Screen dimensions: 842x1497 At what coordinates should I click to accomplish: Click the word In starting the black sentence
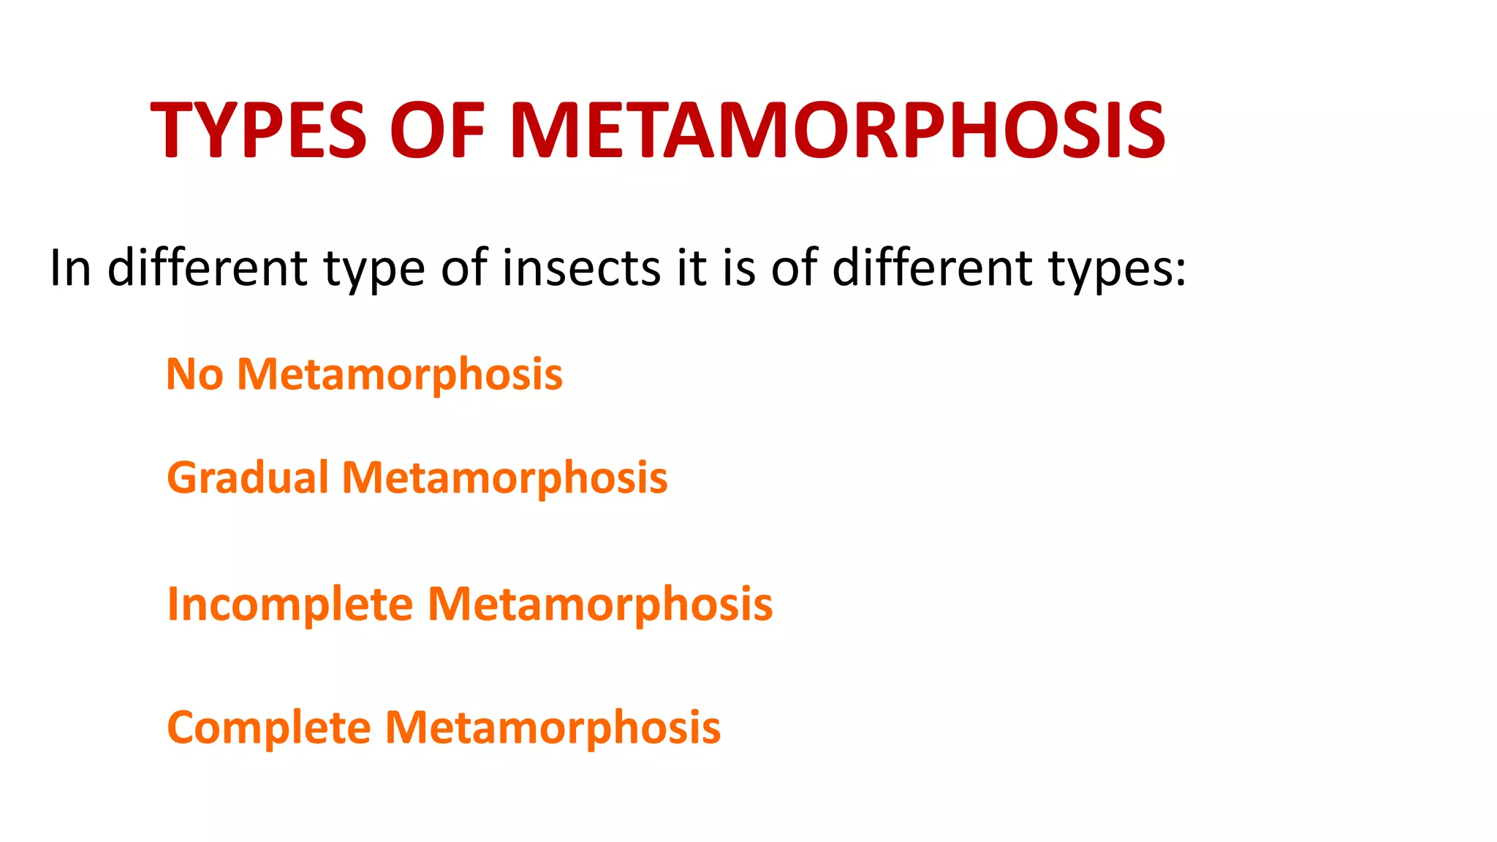point(70,268)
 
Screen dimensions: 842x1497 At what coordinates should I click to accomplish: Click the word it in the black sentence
point(691,268)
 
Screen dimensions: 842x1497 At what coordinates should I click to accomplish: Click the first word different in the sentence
point(207,268)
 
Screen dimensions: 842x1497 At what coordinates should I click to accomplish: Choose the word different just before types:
point(931,268)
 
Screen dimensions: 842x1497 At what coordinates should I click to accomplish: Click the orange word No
point(194,374)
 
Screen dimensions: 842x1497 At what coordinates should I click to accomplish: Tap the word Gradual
point(248,478)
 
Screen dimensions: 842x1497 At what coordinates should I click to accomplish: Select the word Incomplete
point(290,604)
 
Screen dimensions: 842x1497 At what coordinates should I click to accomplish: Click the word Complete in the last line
point(269,728)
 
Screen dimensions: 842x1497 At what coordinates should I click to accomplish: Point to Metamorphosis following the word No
point(400,374)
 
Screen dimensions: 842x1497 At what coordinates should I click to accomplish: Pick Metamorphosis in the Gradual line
point(504,478)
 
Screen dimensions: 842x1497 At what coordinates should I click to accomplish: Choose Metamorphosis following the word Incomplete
point(599,604)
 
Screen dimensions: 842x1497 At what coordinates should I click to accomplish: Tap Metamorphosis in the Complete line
point(553,728)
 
